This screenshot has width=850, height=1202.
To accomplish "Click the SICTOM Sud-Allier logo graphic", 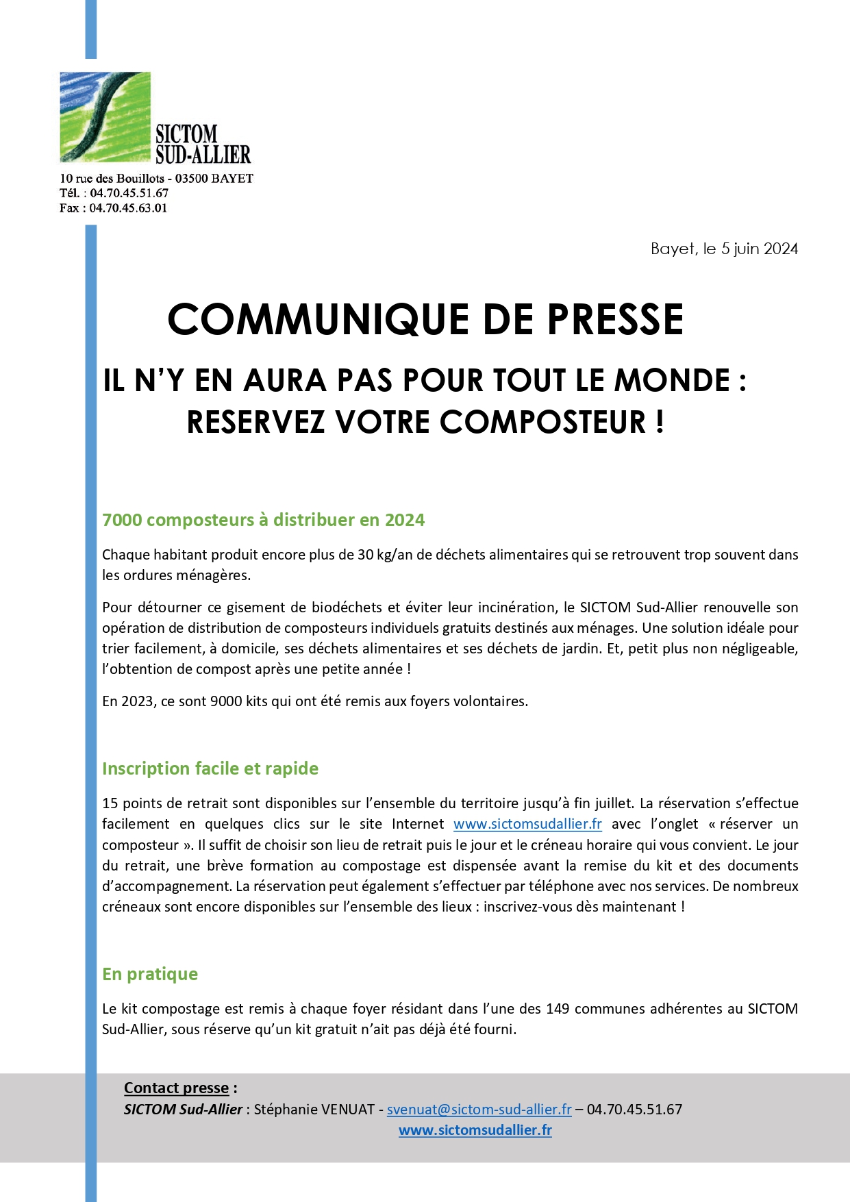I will tap(105, 116).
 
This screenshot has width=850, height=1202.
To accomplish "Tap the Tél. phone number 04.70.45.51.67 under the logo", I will tap(129, 193).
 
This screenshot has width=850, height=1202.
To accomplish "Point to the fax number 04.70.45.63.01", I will tap(128, 208).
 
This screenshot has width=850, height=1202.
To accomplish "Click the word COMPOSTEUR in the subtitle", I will tap(542, 422).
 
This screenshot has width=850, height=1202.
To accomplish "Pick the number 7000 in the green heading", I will tap(122, 520).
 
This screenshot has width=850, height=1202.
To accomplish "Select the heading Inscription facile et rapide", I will tap(210, 768).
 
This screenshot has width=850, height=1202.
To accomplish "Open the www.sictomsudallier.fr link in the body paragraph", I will tap(527, 824).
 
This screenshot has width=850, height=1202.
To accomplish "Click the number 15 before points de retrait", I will tap(110, 803).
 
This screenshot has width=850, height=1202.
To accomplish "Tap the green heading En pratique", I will tap(150, 974).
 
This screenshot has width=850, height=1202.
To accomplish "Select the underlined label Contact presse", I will tap(176, 1088).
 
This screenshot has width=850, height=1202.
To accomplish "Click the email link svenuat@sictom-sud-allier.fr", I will tap(479, 1110).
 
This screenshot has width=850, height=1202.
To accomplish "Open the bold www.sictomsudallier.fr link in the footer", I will tap(475, 1131).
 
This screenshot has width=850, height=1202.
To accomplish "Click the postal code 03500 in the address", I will tap(191, 179).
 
